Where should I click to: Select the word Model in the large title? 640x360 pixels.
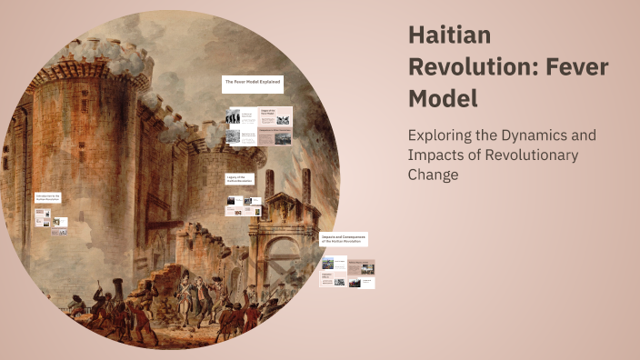pos(443,96)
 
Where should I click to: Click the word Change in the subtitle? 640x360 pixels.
pos(434,175)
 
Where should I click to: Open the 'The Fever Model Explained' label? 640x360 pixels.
pos(253,82)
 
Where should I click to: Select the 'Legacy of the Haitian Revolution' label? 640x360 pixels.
pos(241,178)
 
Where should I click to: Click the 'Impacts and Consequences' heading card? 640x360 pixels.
pos(344,238)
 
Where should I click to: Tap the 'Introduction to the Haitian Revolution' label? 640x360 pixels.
pos(50,197)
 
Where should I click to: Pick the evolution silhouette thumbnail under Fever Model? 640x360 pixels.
pos(234,115)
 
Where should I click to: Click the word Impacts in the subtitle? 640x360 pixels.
pos(438,155)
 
